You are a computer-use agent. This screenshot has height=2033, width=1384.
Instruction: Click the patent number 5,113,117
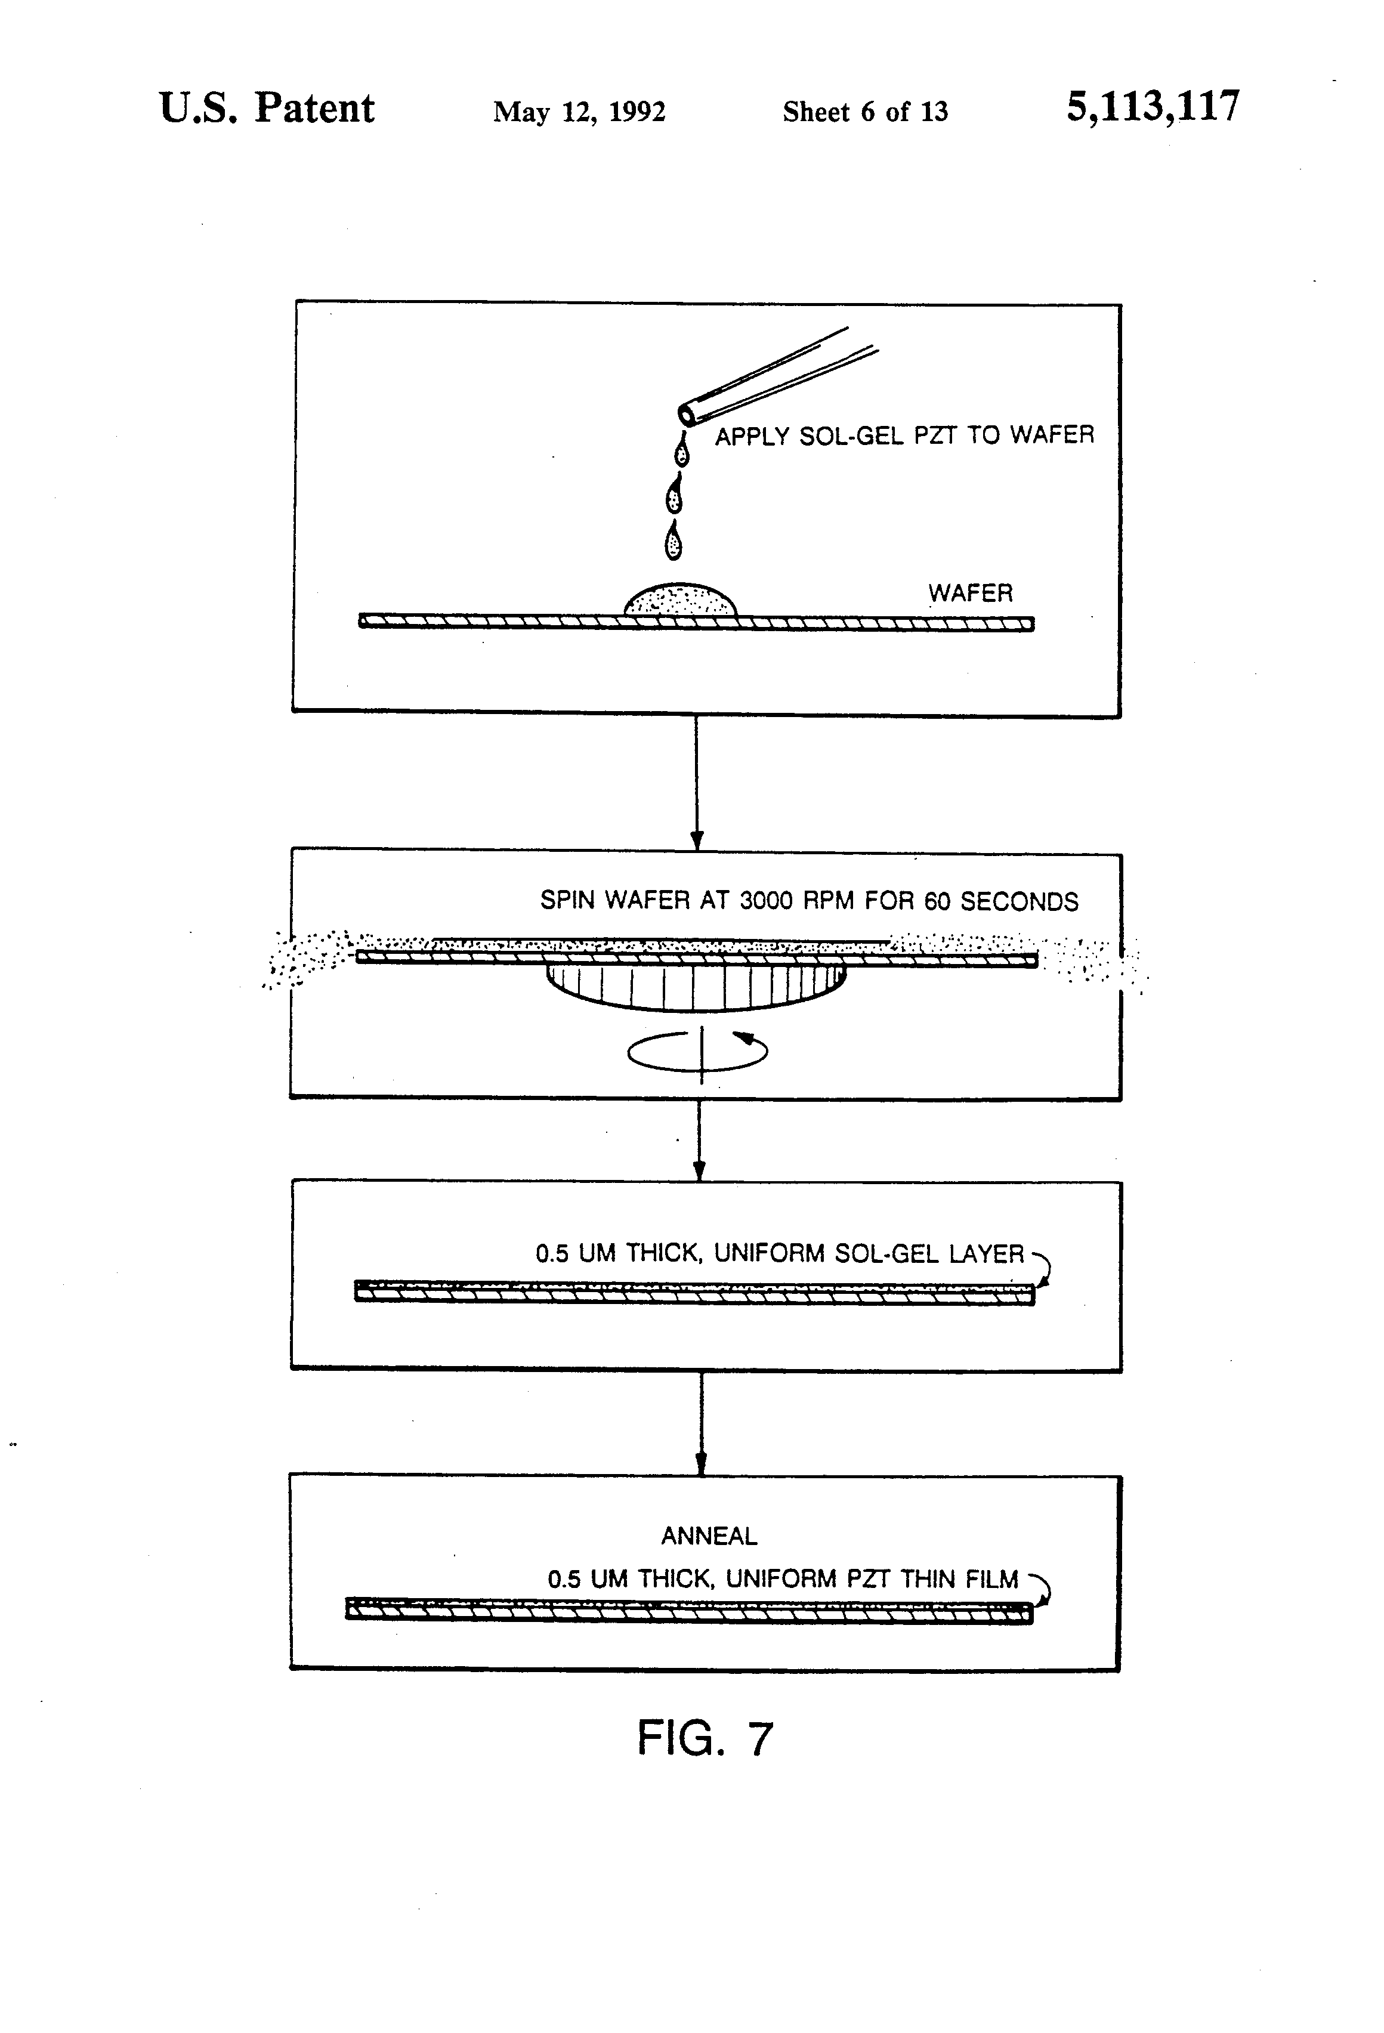pos(1152,107)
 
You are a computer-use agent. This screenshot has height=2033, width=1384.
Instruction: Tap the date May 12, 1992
pos(579,112)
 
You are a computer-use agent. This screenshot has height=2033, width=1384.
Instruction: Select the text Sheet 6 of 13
pos(864,112)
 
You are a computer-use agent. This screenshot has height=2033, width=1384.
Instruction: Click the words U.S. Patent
pos(267,109)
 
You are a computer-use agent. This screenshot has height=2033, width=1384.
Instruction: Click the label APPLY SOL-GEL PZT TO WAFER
pos(904,435)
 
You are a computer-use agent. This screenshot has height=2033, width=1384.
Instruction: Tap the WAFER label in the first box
pos(970,593)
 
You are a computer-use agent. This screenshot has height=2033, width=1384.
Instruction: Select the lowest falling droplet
pos(673,542)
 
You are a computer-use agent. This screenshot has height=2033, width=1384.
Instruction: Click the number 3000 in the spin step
pos(765,901)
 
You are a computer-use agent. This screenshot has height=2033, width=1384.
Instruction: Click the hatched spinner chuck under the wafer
pos(696,987)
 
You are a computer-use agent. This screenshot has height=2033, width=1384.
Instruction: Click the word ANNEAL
pos(709,1536)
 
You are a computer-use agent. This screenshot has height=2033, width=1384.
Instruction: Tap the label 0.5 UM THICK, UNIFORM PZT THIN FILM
pos(783,1579)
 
